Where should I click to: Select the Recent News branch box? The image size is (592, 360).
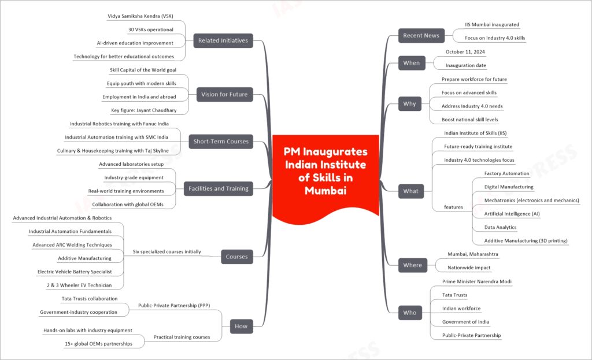pos(421,35)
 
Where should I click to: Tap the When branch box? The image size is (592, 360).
pos(412,63)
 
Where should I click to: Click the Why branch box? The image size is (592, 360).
pos(410,104)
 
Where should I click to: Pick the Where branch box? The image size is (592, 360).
pos(413,265)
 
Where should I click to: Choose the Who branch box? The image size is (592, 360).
pos(410,313)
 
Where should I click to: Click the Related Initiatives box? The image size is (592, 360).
pos(223,41)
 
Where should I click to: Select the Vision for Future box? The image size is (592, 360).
pos(225,94)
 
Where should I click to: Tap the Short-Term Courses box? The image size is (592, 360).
pos(221,142)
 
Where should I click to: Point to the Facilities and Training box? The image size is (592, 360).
pos(219,189)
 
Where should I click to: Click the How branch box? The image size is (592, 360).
pos(242,326)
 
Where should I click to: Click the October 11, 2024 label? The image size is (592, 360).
pos(465,52)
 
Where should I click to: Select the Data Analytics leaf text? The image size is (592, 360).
pos(500,227)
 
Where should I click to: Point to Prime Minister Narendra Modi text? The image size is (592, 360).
pos(477,281)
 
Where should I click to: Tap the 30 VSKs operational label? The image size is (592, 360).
pos(151,29)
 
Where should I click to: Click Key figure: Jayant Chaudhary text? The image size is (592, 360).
pos(144,110)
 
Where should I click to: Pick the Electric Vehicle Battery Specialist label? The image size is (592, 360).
pos(75,272)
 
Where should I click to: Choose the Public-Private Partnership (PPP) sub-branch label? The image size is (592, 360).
pos(174,305)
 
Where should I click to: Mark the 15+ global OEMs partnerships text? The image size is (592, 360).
pos(98,344)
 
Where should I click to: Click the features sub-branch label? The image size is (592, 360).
pos(453,207)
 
